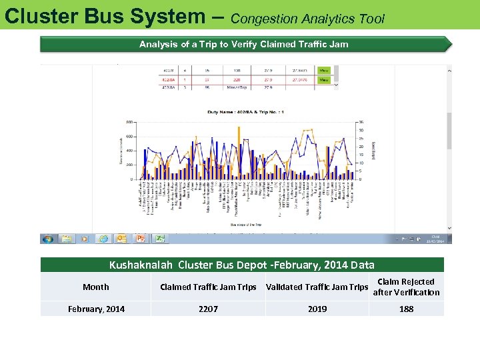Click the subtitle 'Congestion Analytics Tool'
pyautogui.click(x=307, y=19)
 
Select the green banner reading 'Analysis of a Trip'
pyautogui.click(x=243, y=45)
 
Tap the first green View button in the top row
pyautogui.click(x=324, y=69)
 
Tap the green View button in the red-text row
pyautogui.click(x=324, y=79)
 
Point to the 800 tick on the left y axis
pyautogui.click(x=129, y=122)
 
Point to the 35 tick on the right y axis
pyautogui.click(x=361, y=122)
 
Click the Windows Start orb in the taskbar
pyautogui.click(x=48, y=239)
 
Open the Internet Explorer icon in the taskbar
pyautogui.click(x=103, y=239)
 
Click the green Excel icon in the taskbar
pyautogui.click(x=160, y=239)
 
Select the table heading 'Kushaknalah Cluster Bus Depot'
pyautogui.click(x=242, y=265)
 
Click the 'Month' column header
pyautogui.click(x=95, y=287)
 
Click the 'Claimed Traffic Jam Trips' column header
pyautogui.click(x=208, y=287)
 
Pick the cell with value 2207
pyautogui.click(x=208, y=309)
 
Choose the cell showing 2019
pyautogui.click(x=317, y=309)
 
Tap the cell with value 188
pyautogui.click(x=406, y=309)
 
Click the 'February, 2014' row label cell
pyautogui.click(x=95, y=309)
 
